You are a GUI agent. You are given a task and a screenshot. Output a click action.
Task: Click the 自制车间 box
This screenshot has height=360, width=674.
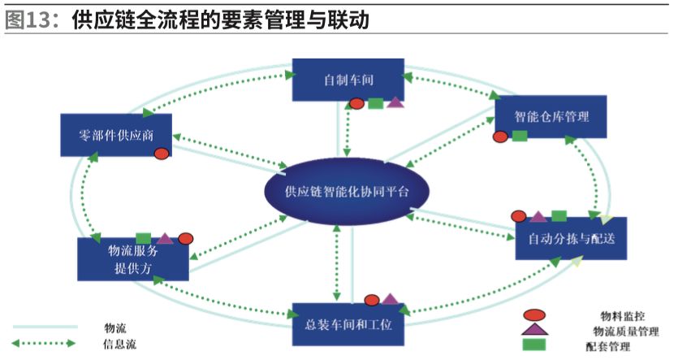tap(348, 80)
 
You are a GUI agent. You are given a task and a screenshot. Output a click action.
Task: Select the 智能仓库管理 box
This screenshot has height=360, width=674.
tap(551, 116)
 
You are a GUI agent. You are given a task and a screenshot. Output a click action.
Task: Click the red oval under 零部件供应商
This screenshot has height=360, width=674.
tap(162, 154)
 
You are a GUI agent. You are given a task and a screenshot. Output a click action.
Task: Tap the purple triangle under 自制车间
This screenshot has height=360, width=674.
tap(395, 102)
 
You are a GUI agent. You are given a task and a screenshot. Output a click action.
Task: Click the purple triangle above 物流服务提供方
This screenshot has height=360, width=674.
tap(165, 238)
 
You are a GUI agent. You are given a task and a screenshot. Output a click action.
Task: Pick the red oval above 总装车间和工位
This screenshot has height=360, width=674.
tap(373, 300)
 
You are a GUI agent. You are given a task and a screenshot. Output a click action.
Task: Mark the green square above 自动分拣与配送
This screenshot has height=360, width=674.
tap(559, 215)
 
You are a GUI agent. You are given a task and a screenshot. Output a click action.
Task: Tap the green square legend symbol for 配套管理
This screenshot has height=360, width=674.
tap(534, 345)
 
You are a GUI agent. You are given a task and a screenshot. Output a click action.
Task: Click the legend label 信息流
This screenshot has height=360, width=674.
tap(120, 343)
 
